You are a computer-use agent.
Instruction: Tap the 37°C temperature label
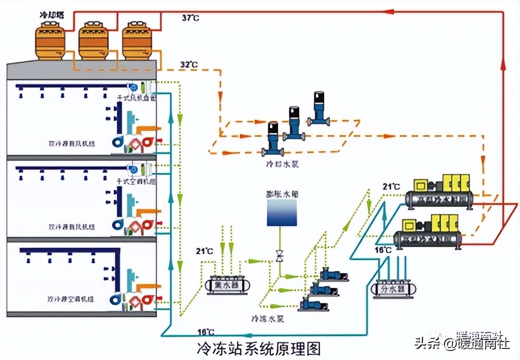(x=190, y=18)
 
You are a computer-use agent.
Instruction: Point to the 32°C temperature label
(x=189, y=65)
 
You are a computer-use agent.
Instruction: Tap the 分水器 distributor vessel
(x=395, y=289)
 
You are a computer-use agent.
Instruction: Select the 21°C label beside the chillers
(x=391, y=187)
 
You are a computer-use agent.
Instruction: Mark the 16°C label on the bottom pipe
(x=205, y=332)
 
